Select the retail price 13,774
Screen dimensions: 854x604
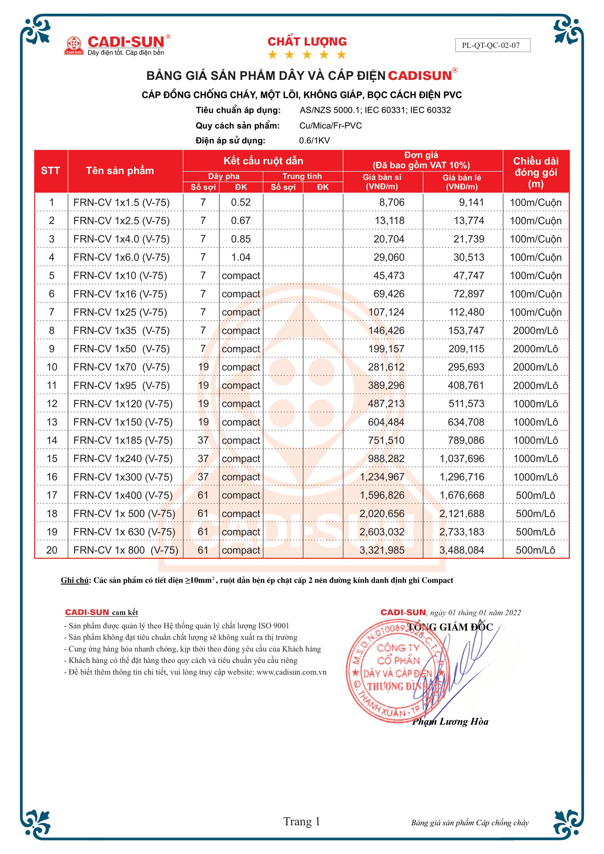pos(469,221)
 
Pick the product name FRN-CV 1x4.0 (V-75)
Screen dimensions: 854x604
pos(121,239)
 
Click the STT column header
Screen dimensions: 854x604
pos(51,171)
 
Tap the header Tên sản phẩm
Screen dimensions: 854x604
pos(120,171)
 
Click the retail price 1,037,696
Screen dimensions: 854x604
pos(462,459)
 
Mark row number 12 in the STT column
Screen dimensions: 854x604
pos(52,404)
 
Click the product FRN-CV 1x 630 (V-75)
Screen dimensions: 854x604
pos(124,532)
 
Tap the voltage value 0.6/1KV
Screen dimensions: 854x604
pos(314,141)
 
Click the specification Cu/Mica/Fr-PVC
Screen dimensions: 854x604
pos(330,125)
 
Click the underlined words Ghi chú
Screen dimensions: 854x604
pos(75,580)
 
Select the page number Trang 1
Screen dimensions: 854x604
pos(302,821)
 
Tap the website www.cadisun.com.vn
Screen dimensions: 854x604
pos(291,672)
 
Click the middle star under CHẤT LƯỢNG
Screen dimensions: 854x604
pos(307,55)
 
